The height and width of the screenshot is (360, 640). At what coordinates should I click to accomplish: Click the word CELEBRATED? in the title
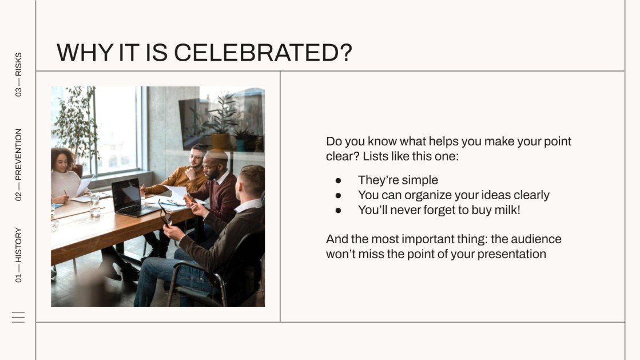point(263,53)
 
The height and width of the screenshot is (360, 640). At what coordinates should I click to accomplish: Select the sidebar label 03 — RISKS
point(19,74)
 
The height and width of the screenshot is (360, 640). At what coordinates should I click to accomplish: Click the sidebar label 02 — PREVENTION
point(19,164)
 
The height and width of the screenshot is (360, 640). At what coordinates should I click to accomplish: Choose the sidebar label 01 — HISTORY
point(19,255)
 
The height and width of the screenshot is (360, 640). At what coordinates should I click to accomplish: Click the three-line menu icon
point(18,317)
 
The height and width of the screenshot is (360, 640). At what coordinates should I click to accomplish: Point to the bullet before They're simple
point(338,180)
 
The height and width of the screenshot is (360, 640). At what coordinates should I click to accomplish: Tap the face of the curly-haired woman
point(61,161)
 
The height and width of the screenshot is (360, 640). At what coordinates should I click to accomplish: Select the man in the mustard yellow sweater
point(183,177)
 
